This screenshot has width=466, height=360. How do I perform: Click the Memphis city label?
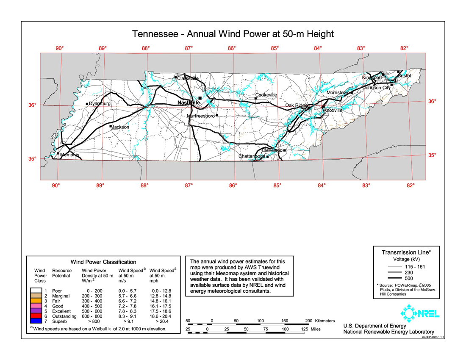click(x=70, y=155)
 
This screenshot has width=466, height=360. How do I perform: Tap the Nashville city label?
click(x=189, y=103)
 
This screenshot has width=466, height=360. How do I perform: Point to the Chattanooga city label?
click(x=252, y=156)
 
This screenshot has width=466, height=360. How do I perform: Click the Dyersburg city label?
click(x=100, y=104)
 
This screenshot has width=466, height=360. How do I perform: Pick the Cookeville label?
click(x=266, y=95)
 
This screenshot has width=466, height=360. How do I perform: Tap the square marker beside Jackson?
click(x=111, y=126)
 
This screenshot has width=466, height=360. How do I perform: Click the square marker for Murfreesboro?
click(x=217, y=115)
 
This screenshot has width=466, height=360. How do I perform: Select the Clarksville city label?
click(x=188, y=78)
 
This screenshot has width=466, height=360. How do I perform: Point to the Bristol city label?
click(x=404, y=75)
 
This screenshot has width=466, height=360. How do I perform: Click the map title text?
click(x=233, y=34)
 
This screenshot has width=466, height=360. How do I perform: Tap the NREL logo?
click(x=419, y=314)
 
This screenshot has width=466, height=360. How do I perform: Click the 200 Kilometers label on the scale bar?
click(x=320, y=321)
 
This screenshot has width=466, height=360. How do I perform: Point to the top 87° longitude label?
click(x=189, y=48)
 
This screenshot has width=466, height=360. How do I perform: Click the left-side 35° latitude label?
click(x=32, y=159)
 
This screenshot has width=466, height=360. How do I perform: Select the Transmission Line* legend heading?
click(x=406, y=252)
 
